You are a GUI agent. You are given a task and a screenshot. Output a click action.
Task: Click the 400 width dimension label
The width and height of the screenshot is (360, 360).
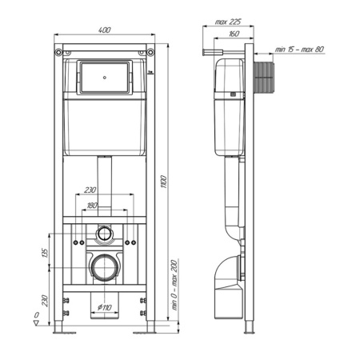(x=104, y=30)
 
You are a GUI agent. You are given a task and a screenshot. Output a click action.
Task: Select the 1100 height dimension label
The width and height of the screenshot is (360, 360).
(x=164, y=182)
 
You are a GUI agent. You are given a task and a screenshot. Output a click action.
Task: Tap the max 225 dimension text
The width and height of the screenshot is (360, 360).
(x=228, y=22)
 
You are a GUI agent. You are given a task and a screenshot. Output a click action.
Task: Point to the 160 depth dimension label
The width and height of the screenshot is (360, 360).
(x=234, y=34)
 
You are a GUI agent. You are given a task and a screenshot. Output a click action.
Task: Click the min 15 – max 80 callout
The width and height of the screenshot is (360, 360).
(x=299, y=50)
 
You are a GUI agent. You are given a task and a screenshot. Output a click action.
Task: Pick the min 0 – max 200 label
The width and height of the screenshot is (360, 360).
(x=174, y=285)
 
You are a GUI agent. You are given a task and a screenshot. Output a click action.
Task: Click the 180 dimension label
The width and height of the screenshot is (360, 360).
(x=92, y=206)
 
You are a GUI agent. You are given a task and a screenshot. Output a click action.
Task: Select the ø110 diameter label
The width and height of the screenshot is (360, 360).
(x=104, y=307)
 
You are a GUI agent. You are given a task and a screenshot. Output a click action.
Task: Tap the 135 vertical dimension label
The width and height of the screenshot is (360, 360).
(x=45, y=253)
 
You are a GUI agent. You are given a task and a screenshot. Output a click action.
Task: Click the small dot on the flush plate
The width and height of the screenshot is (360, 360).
(x=105, y=78)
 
